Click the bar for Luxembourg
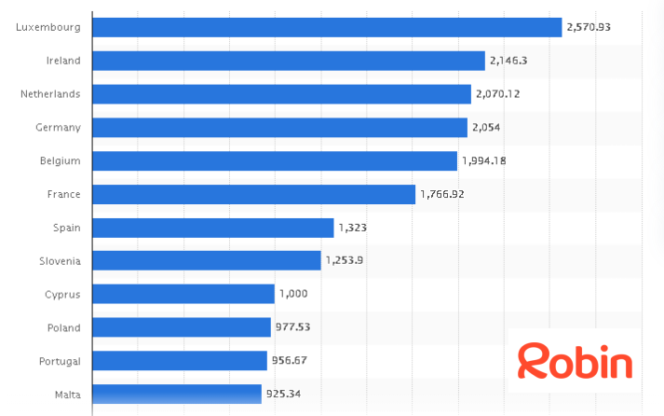[x=327, y=27]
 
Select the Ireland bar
[x=289, y=61]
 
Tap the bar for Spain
[x=213, y=228]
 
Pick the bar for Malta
[x=177, y=395]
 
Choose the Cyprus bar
[x=183, y=294]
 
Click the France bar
[x=254, y=194]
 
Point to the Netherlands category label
[x=50, y=94]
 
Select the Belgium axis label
[x=61, y=160]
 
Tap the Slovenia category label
[x=60, y=261]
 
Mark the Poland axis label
[x=63, y=327]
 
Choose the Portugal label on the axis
[x=60, y=361]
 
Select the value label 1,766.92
[x=444, y=194]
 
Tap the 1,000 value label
[x=292, y=294]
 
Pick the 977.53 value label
[x=292, y=327]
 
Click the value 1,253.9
[x=344, y=261]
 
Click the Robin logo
[x=575, y=361]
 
